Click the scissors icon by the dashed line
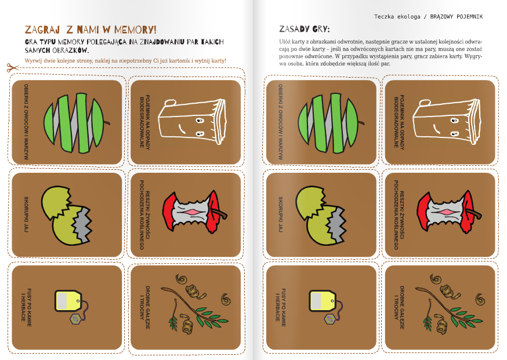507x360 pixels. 13,68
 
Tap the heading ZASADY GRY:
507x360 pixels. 305,30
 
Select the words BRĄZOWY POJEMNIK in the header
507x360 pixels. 456,16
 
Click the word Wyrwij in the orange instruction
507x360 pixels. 32,61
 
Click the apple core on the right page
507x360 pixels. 448,212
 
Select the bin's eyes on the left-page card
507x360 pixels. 200,127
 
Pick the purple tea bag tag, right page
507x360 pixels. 330,319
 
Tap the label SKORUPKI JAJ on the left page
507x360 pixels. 26,214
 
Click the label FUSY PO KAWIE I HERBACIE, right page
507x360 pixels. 280,307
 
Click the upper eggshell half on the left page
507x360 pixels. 56,202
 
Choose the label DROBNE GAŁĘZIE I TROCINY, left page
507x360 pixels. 144,307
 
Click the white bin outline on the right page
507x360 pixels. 447,121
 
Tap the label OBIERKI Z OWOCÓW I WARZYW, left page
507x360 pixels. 26,122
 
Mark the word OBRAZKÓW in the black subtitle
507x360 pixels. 71,50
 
